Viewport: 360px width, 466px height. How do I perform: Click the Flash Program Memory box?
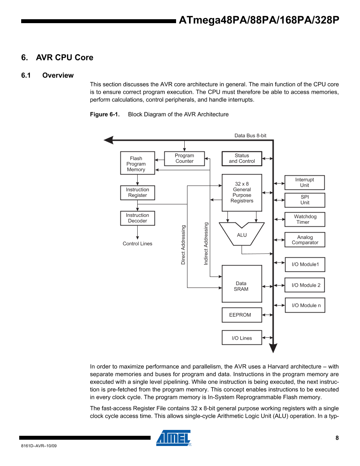coord(137,163)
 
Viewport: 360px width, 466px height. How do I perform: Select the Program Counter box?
coord(184,158)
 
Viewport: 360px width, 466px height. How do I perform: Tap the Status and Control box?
coord(242,158)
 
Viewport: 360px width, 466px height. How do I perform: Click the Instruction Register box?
coord(137,193)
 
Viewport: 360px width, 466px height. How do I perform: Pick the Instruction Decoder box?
coord(137,218)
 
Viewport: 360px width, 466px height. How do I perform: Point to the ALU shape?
coord(242,235)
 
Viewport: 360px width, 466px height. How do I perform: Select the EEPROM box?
coord(242,315)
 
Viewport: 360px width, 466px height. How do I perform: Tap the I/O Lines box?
coord(242,338)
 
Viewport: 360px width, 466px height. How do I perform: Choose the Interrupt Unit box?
coord(305,182)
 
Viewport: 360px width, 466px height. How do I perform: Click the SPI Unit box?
coord(305,200)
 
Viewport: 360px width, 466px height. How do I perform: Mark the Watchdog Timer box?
coord(305,219)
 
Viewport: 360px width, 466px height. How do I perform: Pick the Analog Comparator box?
coord(305,240)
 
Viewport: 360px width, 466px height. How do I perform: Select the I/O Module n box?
coord(305,305)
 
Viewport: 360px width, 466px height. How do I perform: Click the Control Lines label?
coord(137,244)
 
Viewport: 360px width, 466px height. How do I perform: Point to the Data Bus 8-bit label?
coord(250,136)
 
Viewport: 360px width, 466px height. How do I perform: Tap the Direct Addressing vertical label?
coord(183,245)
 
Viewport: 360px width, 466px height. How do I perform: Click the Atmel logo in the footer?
coord(173,438)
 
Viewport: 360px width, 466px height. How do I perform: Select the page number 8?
coord(337,438)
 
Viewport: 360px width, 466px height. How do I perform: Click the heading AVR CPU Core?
coord(64,58)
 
